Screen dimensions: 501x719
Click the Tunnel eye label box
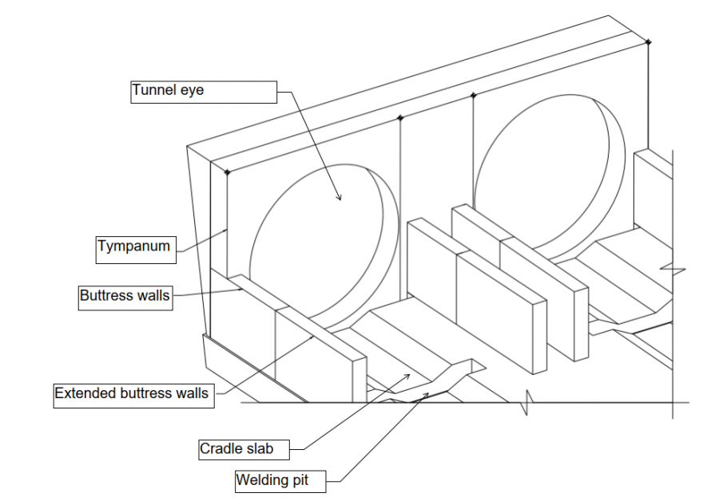(204, 91)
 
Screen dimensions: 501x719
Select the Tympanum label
(134, 247)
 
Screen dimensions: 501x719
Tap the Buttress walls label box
(125, 296)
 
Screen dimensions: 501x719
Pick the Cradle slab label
(236, 449)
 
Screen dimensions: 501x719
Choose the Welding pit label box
(272, 481)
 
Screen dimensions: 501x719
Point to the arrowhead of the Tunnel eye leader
(340, 199)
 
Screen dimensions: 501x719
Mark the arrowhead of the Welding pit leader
(428, 393)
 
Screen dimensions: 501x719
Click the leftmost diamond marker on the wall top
(228, 172)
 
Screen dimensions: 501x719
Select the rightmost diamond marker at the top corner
(648, 41)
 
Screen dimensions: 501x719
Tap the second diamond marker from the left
(400, 118)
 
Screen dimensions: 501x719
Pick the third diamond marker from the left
(474, 96)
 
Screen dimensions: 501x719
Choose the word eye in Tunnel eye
(193, 91)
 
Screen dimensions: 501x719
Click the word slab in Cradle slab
(258, 449)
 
